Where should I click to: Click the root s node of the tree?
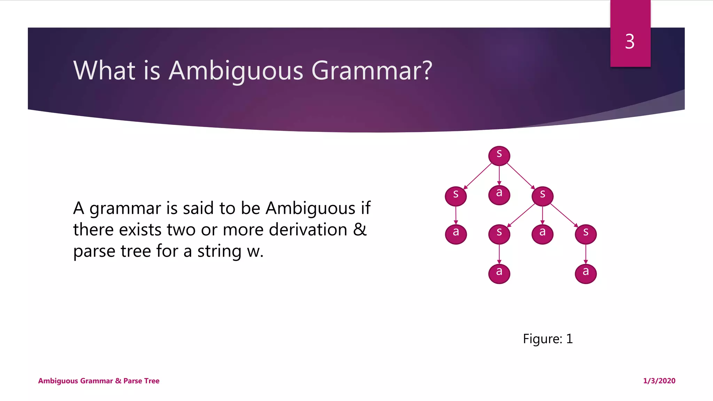[499, 155]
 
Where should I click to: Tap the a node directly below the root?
[499, 195]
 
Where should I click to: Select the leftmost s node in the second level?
[456, 196]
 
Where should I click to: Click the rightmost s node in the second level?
[542, 196]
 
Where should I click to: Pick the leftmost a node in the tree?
[456, 234]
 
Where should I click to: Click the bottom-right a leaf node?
[586, 273]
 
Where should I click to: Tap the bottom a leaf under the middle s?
[499, 273]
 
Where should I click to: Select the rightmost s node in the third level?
[586, 234]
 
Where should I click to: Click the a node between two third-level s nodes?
[542, 234]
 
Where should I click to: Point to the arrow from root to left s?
[478, 176]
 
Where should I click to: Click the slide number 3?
[630, 42]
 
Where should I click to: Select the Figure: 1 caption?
[548, 339]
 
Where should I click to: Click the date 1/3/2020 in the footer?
[659, 381]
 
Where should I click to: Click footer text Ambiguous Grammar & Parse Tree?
[99, 381]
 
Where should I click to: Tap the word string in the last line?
[219, 251]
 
